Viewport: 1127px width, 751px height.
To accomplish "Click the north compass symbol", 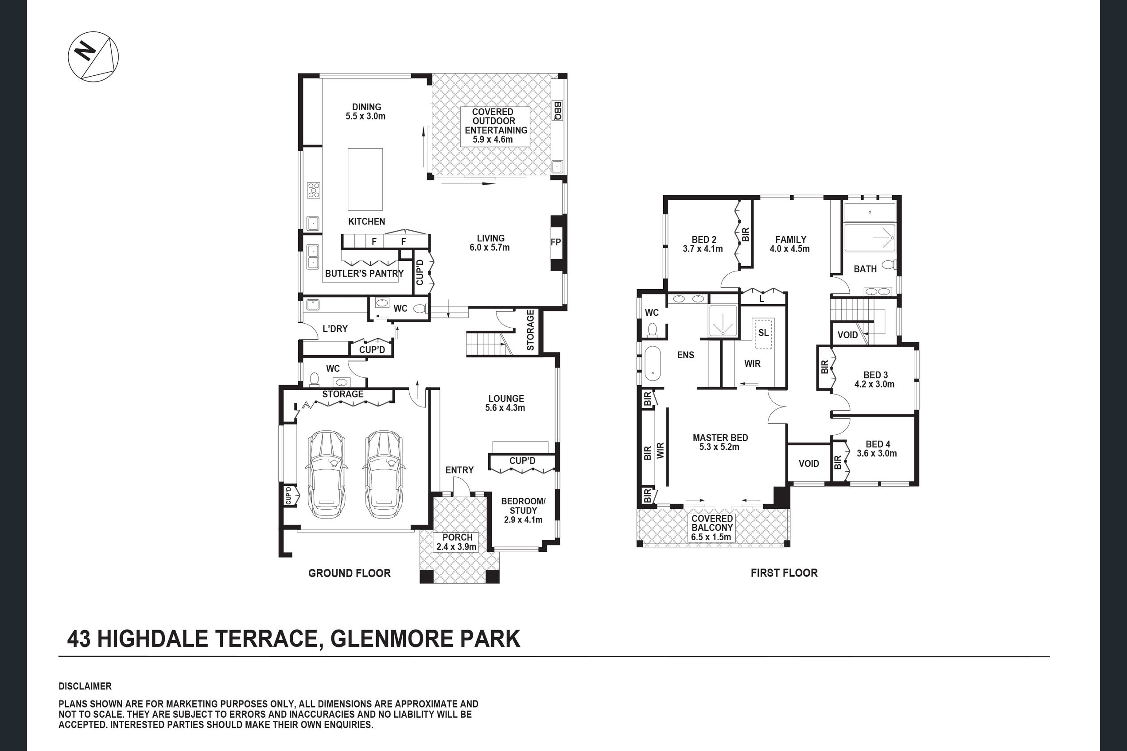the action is [93, 57].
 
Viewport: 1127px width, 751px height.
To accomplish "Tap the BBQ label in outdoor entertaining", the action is [557, 111].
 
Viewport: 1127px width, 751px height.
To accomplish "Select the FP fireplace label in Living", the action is [556, 242].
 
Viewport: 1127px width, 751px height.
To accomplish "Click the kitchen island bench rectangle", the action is [365, 179].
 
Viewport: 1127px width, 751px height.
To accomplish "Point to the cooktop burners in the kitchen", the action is [313, 190].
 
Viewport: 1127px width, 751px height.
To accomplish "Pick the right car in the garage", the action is [383, 474].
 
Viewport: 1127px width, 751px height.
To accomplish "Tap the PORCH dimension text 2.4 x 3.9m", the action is [456, 547].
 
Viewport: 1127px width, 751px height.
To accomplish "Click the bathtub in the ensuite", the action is [652, 364].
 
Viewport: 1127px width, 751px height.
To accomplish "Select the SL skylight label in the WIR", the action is [763, 333].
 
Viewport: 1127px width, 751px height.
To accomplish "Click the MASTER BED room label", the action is [720, 438].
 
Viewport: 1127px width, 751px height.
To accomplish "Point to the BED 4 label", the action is [878, 445].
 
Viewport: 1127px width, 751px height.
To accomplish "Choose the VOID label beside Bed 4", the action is [809, 464].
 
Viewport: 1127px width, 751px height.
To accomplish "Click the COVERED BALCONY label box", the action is [712, 528].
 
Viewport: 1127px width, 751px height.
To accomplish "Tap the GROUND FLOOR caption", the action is [350, 573].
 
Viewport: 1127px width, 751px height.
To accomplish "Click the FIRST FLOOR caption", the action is [784, 573].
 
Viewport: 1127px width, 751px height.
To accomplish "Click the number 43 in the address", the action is [78, 639].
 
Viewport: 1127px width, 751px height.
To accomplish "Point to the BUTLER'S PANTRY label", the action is [364, 274].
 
